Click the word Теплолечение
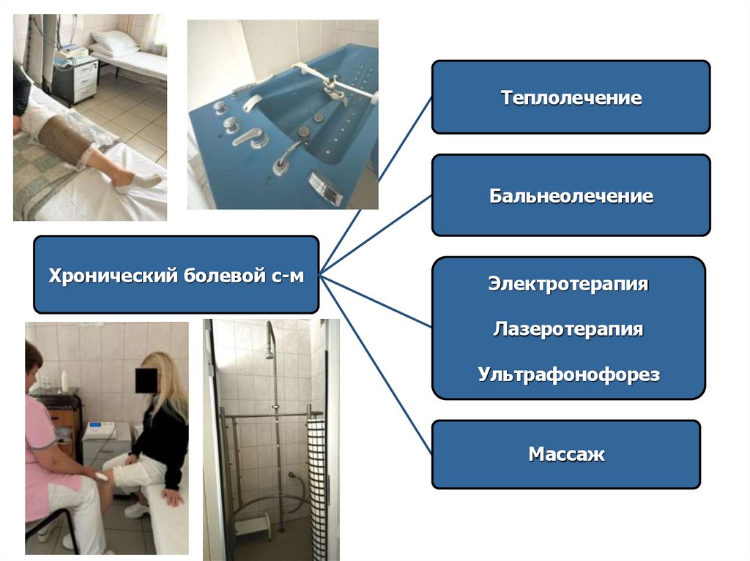tap(571, 98)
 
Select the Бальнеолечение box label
tap(571, 196)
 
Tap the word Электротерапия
tap(568, 284)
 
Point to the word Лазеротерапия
tap(568, 329)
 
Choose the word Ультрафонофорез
tap(568, 375)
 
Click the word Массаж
tap(567, 454)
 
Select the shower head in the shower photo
tap(270, 353)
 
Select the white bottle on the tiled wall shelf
tap(65, 379)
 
